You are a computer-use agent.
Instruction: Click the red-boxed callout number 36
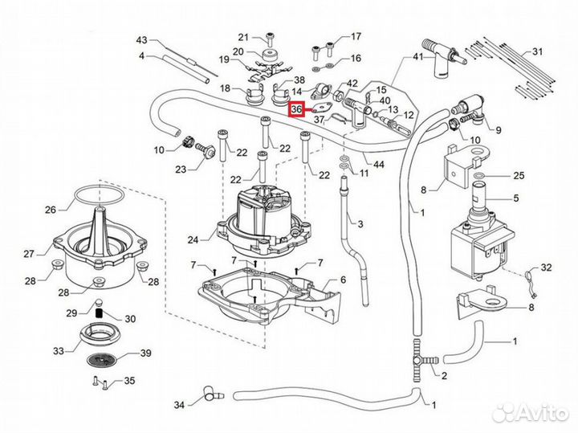297,108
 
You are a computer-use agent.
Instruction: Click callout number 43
142,40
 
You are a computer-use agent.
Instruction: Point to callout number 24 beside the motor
192,239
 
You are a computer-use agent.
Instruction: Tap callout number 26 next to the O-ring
51,210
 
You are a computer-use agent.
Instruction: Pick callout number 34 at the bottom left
179,404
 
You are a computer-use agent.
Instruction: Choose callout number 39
145,353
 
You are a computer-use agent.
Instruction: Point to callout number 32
547,267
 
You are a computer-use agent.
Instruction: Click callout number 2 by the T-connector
444,375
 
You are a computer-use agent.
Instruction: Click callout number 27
29,254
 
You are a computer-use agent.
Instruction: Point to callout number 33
59,351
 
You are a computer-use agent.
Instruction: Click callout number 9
498,129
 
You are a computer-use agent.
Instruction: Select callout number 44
379,165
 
